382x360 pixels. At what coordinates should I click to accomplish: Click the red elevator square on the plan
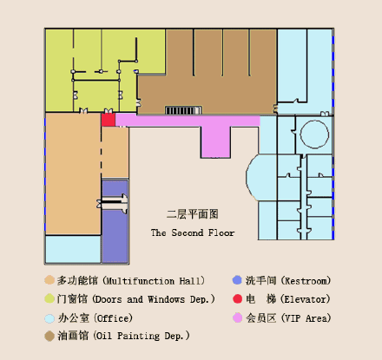pos(109,120)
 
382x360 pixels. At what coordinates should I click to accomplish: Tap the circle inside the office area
pos(314,134)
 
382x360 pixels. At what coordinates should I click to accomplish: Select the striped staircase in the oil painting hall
pos(183,110)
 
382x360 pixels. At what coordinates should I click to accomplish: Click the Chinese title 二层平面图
pos(193,214)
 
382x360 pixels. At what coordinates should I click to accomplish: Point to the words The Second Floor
pos(193,232)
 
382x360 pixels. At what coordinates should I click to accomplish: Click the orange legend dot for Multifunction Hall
pos(49,280)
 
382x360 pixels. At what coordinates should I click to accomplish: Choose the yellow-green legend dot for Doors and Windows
pos(49,298)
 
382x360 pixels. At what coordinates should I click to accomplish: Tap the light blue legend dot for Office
pos(49,318)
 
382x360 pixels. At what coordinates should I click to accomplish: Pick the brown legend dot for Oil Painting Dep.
pos(49,336)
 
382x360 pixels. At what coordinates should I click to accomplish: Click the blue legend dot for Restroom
pos(237,280)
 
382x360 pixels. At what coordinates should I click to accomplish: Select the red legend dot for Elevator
pos(237,298)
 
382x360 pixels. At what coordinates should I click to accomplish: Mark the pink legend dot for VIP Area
pos(237,318)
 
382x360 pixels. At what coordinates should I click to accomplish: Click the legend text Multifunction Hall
pos(154,281)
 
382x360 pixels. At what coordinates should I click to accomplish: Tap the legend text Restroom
pos(306,281)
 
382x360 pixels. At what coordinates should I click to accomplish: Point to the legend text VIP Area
pos(306,318)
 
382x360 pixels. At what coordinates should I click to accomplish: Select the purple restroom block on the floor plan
pos(115,221)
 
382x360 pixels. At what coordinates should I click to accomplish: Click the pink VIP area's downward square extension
pos(215,142)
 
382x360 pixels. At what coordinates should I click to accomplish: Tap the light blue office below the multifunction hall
pos(73,249)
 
